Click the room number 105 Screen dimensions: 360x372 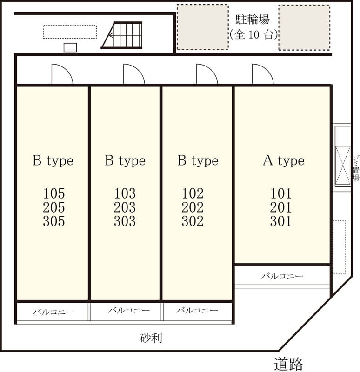[53, 193]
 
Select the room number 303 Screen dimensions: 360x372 [125, 221]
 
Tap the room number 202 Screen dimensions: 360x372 [193, 207]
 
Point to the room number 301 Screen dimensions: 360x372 [281, 221]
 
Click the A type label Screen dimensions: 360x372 [284, 161]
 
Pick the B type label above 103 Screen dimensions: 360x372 [125, 161]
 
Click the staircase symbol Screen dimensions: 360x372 [122, 35]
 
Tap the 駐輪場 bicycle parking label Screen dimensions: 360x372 [252, 20]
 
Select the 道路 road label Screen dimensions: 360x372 [288, 364]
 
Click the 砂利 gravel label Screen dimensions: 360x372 [151, 338]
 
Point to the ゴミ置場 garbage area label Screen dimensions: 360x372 [356, 168]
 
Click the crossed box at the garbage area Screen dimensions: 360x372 [343, 165]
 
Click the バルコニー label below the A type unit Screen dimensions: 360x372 [282, 276]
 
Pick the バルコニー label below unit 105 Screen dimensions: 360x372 [53, 312]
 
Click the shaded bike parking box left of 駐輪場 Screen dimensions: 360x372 [203, 27]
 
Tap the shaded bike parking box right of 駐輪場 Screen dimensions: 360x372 [304, 27]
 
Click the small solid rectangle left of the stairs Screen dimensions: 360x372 [70, 47]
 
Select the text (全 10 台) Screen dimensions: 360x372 [253, 34]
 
